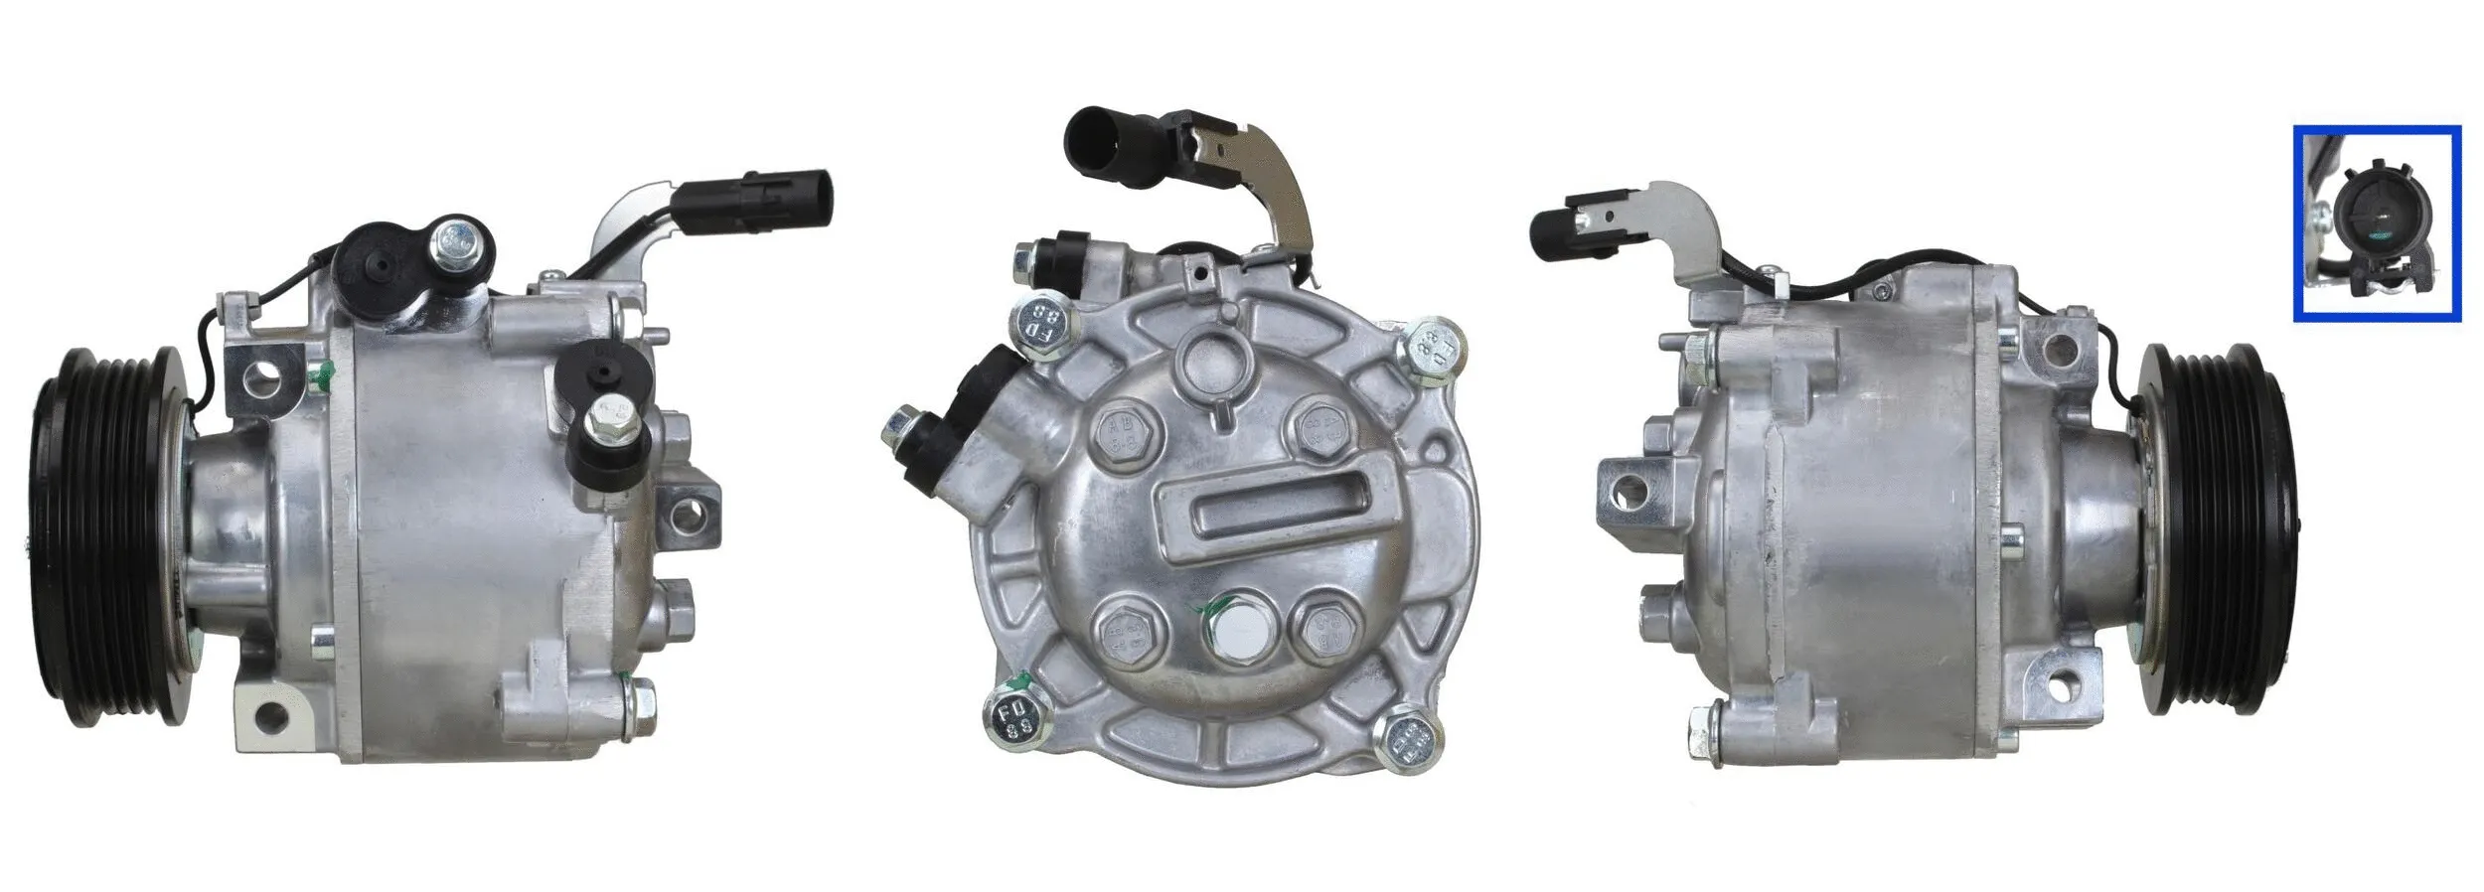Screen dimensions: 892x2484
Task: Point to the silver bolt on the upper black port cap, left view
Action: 459,239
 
